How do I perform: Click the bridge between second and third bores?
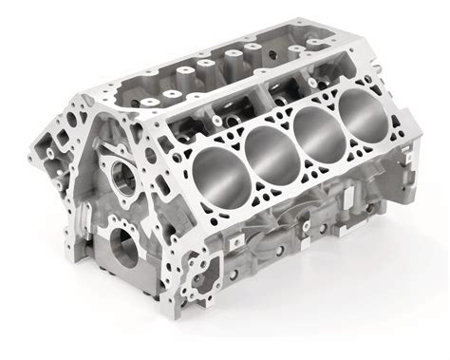click(x=292, y=143)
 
